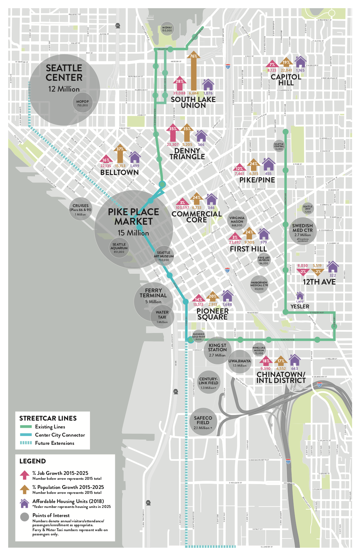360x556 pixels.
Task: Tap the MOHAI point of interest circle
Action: (x=167, y=29)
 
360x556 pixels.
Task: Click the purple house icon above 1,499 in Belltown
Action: (x=135, y=157)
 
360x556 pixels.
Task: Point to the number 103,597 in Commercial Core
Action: (x=182, y=208)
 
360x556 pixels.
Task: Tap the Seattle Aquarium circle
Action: (x=119, y=248)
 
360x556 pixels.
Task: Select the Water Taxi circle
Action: (x=162, y=317)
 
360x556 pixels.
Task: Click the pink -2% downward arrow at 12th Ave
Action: (x=303, y=271)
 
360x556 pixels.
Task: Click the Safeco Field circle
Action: (x=203, y=422)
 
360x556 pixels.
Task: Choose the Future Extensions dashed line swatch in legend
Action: (x=26, y=443)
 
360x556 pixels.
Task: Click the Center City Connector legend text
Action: (x=60, y=435)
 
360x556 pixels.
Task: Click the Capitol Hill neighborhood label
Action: (x=286, y=80)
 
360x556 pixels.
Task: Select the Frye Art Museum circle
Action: (x=264, y=260)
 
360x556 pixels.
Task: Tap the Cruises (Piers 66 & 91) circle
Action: (x=81, y=210)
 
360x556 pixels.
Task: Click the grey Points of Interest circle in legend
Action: (x=25, y=517)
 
